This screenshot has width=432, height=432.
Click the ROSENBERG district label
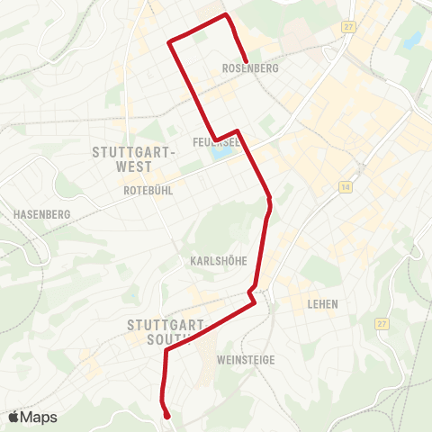click(x=249, y=68)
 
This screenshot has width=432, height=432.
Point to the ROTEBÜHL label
click(x=147, y=190)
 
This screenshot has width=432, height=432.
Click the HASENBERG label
click(x=37, y=214)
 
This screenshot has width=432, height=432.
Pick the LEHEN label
click(x=322, y=304)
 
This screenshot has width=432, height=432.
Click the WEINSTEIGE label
click(x=246, y=359)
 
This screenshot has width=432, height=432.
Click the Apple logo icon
click(x=14, y=417)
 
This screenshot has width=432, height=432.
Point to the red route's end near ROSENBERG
click(x=246, y=60)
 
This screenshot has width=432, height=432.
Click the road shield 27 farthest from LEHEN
click(x=348, y=28)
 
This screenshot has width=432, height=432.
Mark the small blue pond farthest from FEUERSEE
click(x=413, y=40)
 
